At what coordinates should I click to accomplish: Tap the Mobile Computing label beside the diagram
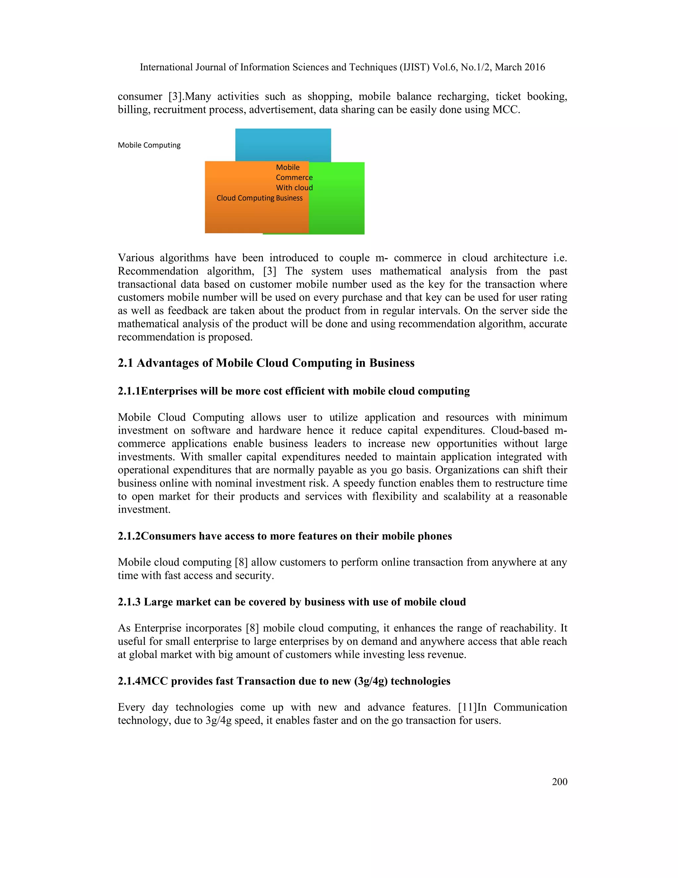coord(149,145)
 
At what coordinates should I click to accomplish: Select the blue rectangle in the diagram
coord(283,145)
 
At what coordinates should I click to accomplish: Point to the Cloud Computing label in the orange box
coord(245,198)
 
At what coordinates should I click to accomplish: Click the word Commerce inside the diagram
coord(294,178)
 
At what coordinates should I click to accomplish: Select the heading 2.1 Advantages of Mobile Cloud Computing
coord(266,363)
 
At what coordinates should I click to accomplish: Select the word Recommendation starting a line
coord(158,271)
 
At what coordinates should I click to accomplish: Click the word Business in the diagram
coord(289,198)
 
